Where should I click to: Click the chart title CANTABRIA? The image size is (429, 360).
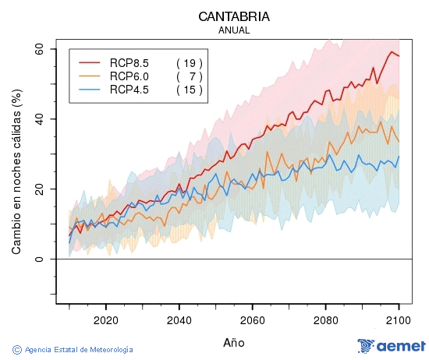234,16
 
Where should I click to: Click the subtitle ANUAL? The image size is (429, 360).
234,30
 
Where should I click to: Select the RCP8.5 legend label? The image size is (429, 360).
129,62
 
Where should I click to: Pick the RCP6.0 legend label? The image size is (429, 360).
129,76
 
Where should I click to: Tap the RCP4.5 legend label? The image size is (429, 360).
129,90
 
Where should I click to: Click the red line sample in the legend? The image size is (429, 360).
90,62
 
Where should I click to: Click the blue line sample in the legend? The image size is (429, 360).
90,90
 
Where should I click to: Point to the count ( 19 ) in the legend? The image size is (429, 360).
189,62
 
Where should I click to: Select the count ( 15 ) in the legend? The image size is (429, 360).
189,90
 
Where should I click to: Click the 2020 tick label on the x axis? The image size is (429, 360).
105,319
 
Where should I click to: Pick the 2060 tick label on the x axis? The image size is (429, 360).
252,319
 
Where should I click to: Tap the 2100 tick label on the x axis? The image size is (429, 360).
399,319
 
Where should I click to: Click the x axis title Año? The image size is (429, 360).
234,342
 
